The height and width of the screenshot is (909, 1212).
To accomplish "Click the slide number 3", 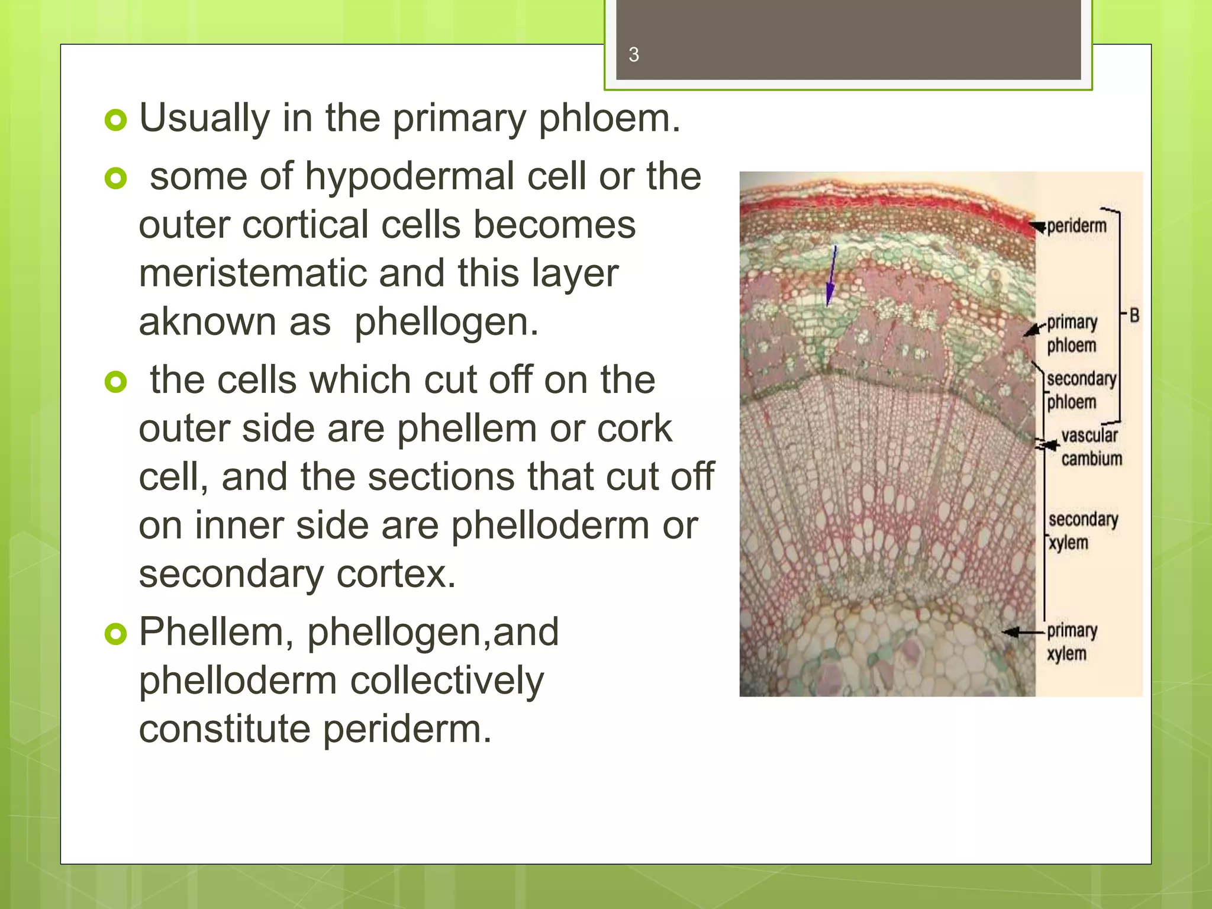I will click(x=633, y=55).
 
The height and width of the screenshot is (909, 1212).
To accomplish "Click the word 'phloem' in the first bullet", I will click(x=609, y=118).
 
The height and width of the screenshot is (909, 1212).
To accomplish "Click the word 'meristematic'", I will click(x=252, y=273).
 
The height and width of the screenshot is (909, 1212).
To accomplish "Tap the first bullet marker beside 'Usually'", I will click(x=115, y=120).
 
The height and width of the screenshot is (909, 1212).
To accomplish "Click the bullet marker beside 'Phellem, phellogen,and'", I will click(x=115, y=634).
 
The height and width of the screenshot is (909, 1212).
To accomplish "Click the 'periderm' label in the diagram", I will click(x=1076, y=226).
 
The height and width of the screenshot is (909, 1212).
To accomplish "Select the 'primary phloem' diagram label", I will click(x=1072, y=334).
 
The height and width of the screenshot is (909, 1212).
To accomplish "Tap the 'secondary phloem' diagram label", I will click(x=1081, y=390).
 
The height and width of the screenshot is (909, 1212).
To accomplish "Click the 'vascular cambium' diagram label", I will click(x=1091, y=447).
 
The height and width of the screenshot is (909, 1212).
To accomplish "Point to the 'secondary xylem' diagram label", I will click(x=1082, y=531).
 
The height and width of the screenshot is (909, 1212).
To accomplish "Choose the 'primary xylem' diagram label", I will click(x=1071, y=642).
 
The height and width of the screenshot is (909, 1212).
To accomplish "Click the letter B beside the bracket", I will click(x=1134, y=315).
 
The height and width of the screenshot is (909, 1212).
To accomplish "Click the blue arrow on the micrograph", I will click(x=831, y=275).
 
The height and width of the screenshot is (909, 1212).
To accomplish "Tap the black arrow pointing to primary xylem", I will click(x=1023, y=632).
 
